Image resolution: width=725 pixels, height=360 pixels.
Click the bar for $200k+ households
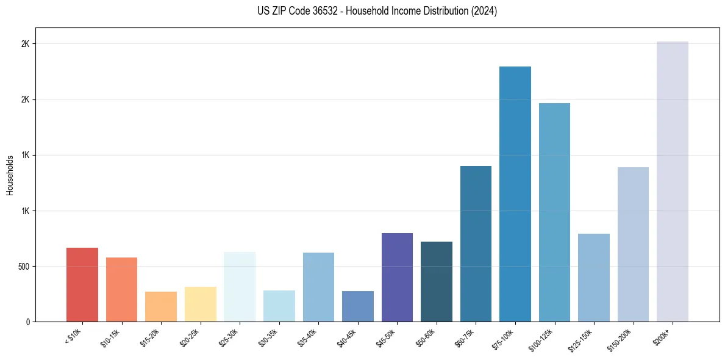click(x=673, y=181)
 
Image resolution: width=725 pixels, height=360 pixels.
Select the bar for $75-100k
click(x=515, y=194)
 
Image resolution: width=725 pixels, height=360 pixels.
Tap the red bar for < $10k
click(x=82, y=284)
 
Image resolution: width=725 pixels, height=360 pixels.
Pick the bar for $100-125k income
click(x=554, y=212)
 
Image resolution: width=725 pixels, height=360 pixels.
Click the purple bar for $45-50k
click(x=397, y=277)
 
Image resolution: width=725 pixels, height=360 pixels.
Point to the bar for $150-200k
click(x=633, y=244)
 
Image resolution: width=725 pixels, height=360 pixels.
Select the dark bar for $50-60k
click(x=437, y=281)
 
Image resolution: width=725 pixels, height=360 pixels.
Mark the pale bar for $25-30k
click(x=240, y=287)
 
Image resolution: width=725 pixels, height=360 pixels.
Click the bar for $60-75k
click(x=476, y=243)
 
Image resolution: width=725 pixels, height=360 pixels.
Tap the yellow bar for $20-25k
click(x=201, y=304)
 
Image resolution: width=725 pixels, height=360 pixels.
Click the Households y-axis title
click(x=10, y=175)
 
